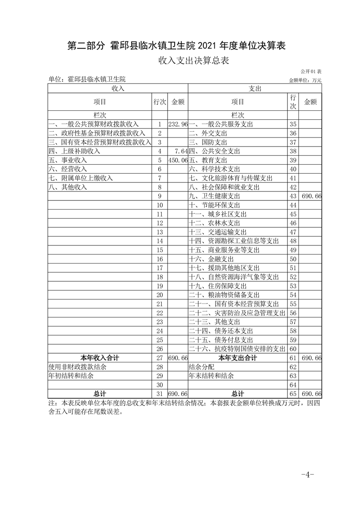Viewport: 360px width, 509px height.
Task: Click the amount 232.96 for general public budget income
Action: [x=178, y=124]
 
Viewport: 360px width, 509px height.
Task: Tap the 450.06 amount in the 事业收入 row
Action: [x=178, y=160]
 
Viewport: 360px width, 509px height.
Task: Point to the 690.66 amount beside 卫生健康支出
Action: [x=311, y=196]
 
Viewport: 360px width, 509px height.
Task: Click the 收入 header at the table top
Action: [x=118, y=88]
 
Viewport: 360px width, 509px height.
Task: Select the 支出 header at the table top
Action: [x=255, y=88]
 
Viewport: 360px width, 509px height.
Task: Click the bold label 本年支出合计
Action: [x=237, y=358]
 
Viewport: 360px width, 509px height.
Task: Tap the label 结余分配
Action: [x=201, y=367]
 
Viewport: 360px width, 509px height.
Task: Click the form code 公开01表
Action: [x=311, y=72]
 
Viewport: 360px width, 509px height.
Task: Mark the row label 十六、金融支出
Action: [x=211, y=259]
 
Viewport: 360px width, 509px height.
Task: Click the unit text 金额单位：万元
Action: [x=305, y=80]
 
